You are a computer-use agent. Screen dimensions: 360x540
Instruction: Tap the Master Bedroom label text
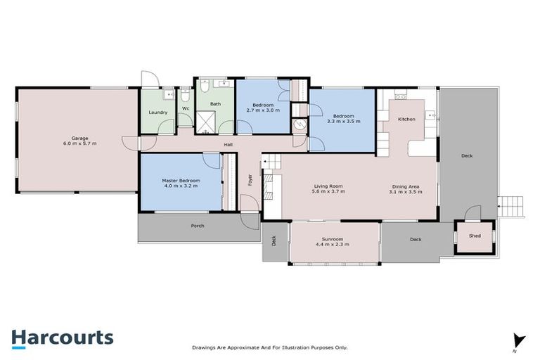(181, 181)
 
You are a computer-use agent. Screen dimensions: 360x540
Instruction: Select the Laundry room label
(158, 112)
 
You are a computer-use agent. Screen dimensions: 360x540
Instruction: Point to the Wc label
(186, 109)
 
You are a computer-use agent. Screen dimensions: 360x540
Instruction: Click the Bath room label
(214, 104)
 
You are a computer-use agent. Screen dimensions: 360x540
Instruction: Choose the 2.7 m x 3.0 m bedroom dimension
(263, 110)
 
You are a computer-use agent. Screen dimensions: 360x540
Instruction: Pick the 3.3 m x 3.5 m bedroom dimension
(343, 122)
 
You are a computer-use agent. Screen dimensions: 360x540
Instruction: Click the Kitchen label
(406, 120)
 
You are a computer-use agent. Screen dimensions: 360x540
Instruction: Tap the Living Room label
(328, 186)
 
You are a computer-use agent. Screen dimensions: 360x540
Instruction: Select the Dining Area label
(406, 186)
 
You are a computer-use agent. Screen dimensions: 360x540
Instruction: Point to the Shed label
(475, 236)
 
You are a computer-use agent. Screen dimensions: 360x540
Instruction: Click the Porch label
(198, 226)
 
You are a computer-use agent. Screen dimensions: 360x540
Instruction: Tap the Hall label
(229, 146)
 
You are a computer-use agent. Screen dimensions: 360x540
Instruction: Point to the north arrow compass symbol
(519, 340)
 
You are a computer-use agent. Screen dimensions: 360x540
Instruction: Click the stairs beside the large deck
(511, 207)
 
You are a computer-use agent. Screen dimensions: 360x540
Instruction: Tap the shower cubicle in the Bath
(205, 123)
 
